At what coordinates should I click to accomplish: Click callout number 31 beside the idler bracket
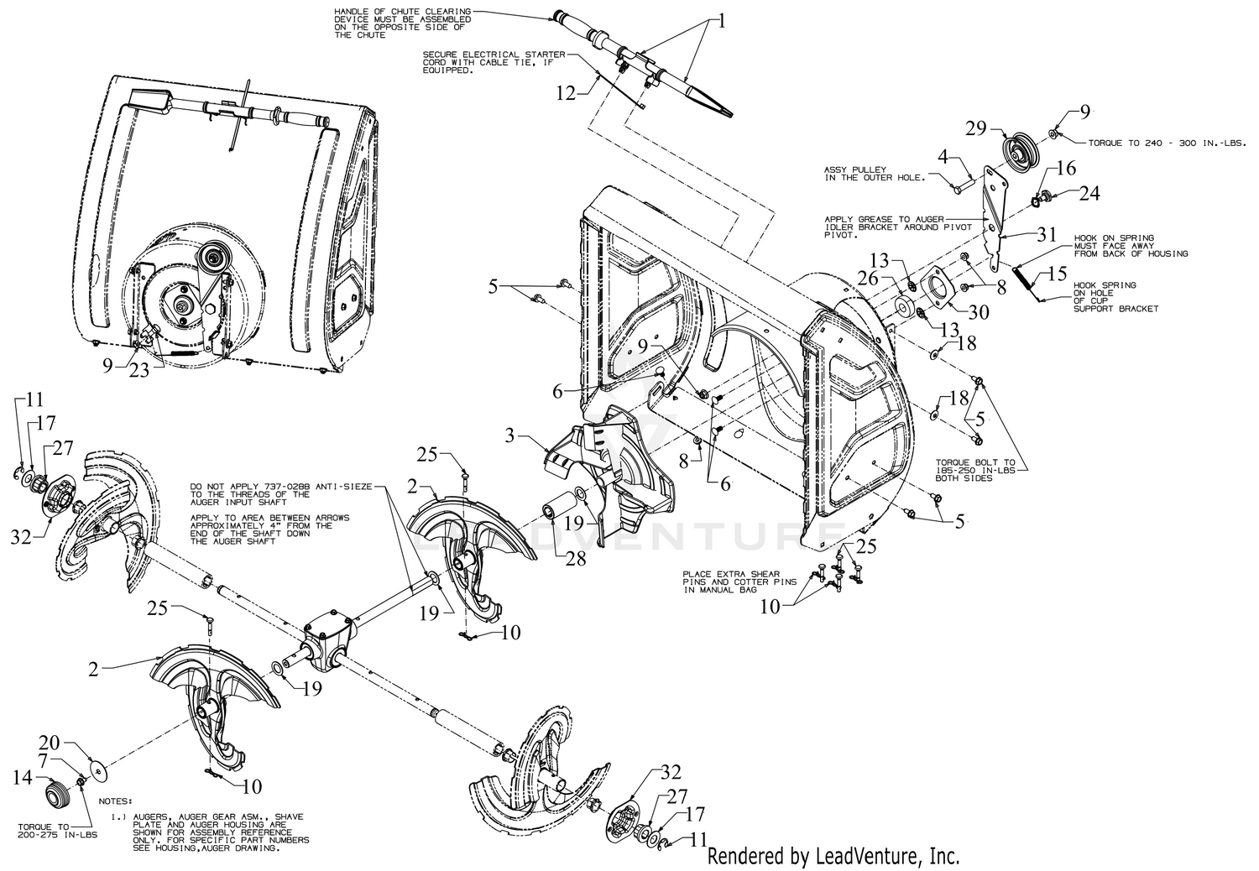pos(1045,236)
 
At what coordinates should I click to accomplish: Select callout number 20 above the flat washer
pos(50,744)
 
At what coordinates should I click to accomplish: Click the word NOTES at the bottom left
pos(115,801)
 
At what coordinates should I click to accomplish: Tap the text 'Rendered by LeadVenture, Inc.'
pos(833,856)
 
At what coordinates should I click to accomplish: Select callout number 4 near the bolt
pos(943,157)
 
